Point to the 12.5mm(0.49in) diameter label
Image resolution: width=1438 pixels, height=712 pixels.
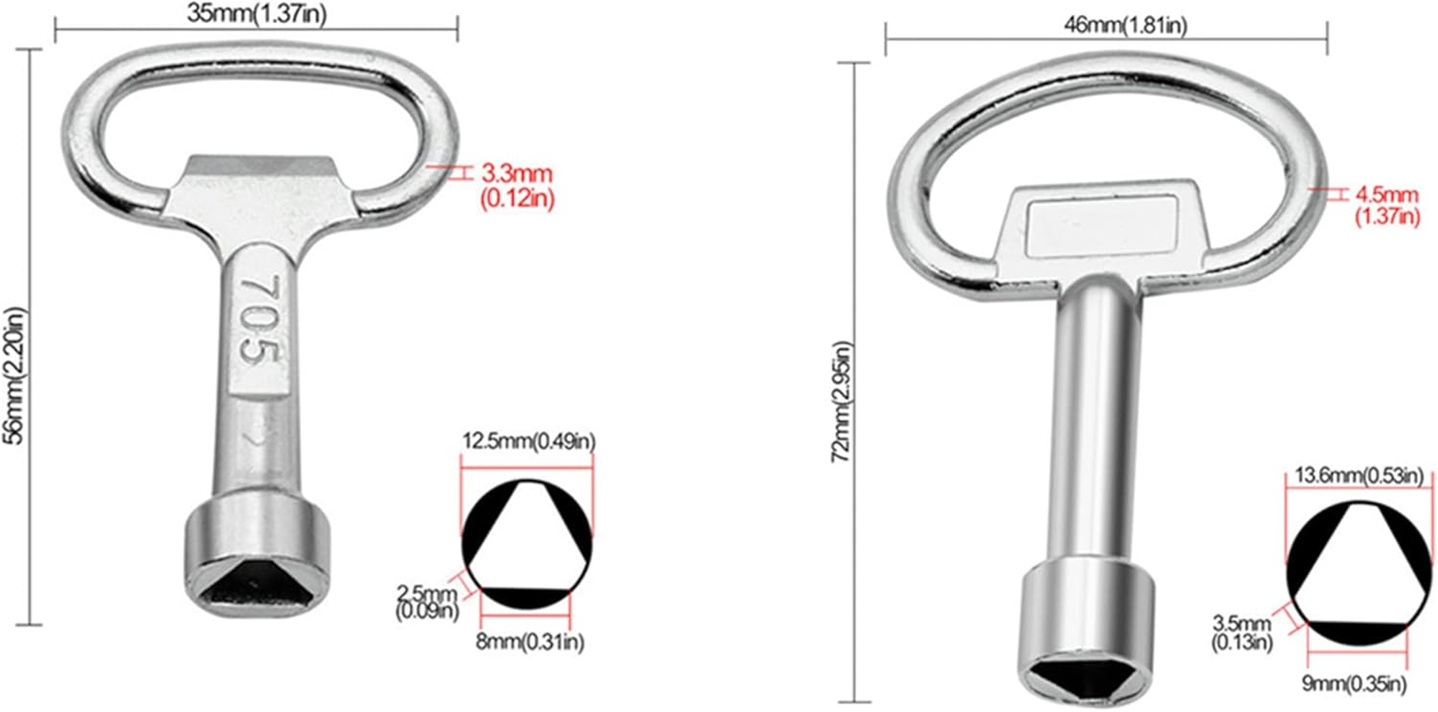pyautogui.click(x=529, y=441)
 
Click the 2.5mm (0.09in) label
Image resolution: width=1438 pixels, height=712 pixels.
pyautogui.click(x=427, y=602)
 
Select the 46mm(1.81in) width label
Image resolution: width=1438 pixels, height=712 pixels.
pyautogui.click(x=1125, y=26)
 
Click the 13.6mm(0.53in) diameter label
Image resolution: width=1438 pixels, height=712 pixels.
pyautogui.click(x=1358, y=476)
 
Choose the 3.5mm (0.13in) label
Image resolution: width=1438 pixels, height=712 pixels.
pyautogui.click(x=1243, y=632)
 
